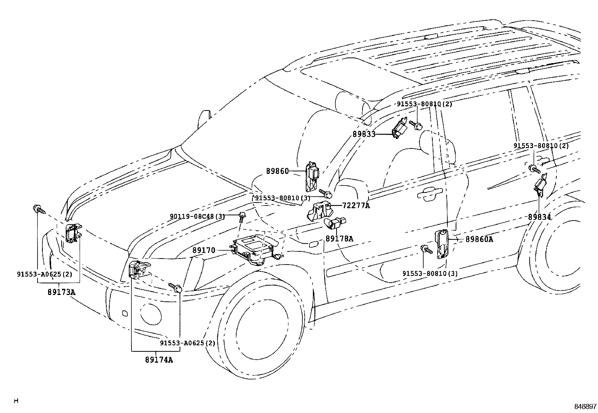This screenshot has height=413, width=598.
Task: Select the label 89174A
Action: tap(159, 360)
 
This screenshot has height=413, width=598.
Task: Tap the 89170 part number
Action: tap(204, 250)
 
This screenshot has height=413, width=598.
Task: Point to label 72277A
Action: tap(356, 206)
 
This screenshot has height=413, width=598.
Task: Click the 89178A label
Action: tap(339, 238)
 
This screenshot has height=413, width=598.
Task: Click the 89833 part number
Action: tap(364, 134)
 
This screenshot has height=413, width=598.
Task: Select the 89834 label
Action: tap(539, 217)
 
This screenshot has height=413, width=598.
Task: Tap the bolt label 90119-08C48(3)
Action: tap(197, 216)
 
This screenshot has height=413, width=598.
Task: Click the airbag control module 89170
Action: tap(252, 249)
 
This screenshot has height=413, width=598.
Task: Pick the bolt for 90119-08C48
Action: tap(241, 216)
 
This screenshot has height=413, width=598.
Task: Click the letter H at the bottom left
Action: tap(16, 401)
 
